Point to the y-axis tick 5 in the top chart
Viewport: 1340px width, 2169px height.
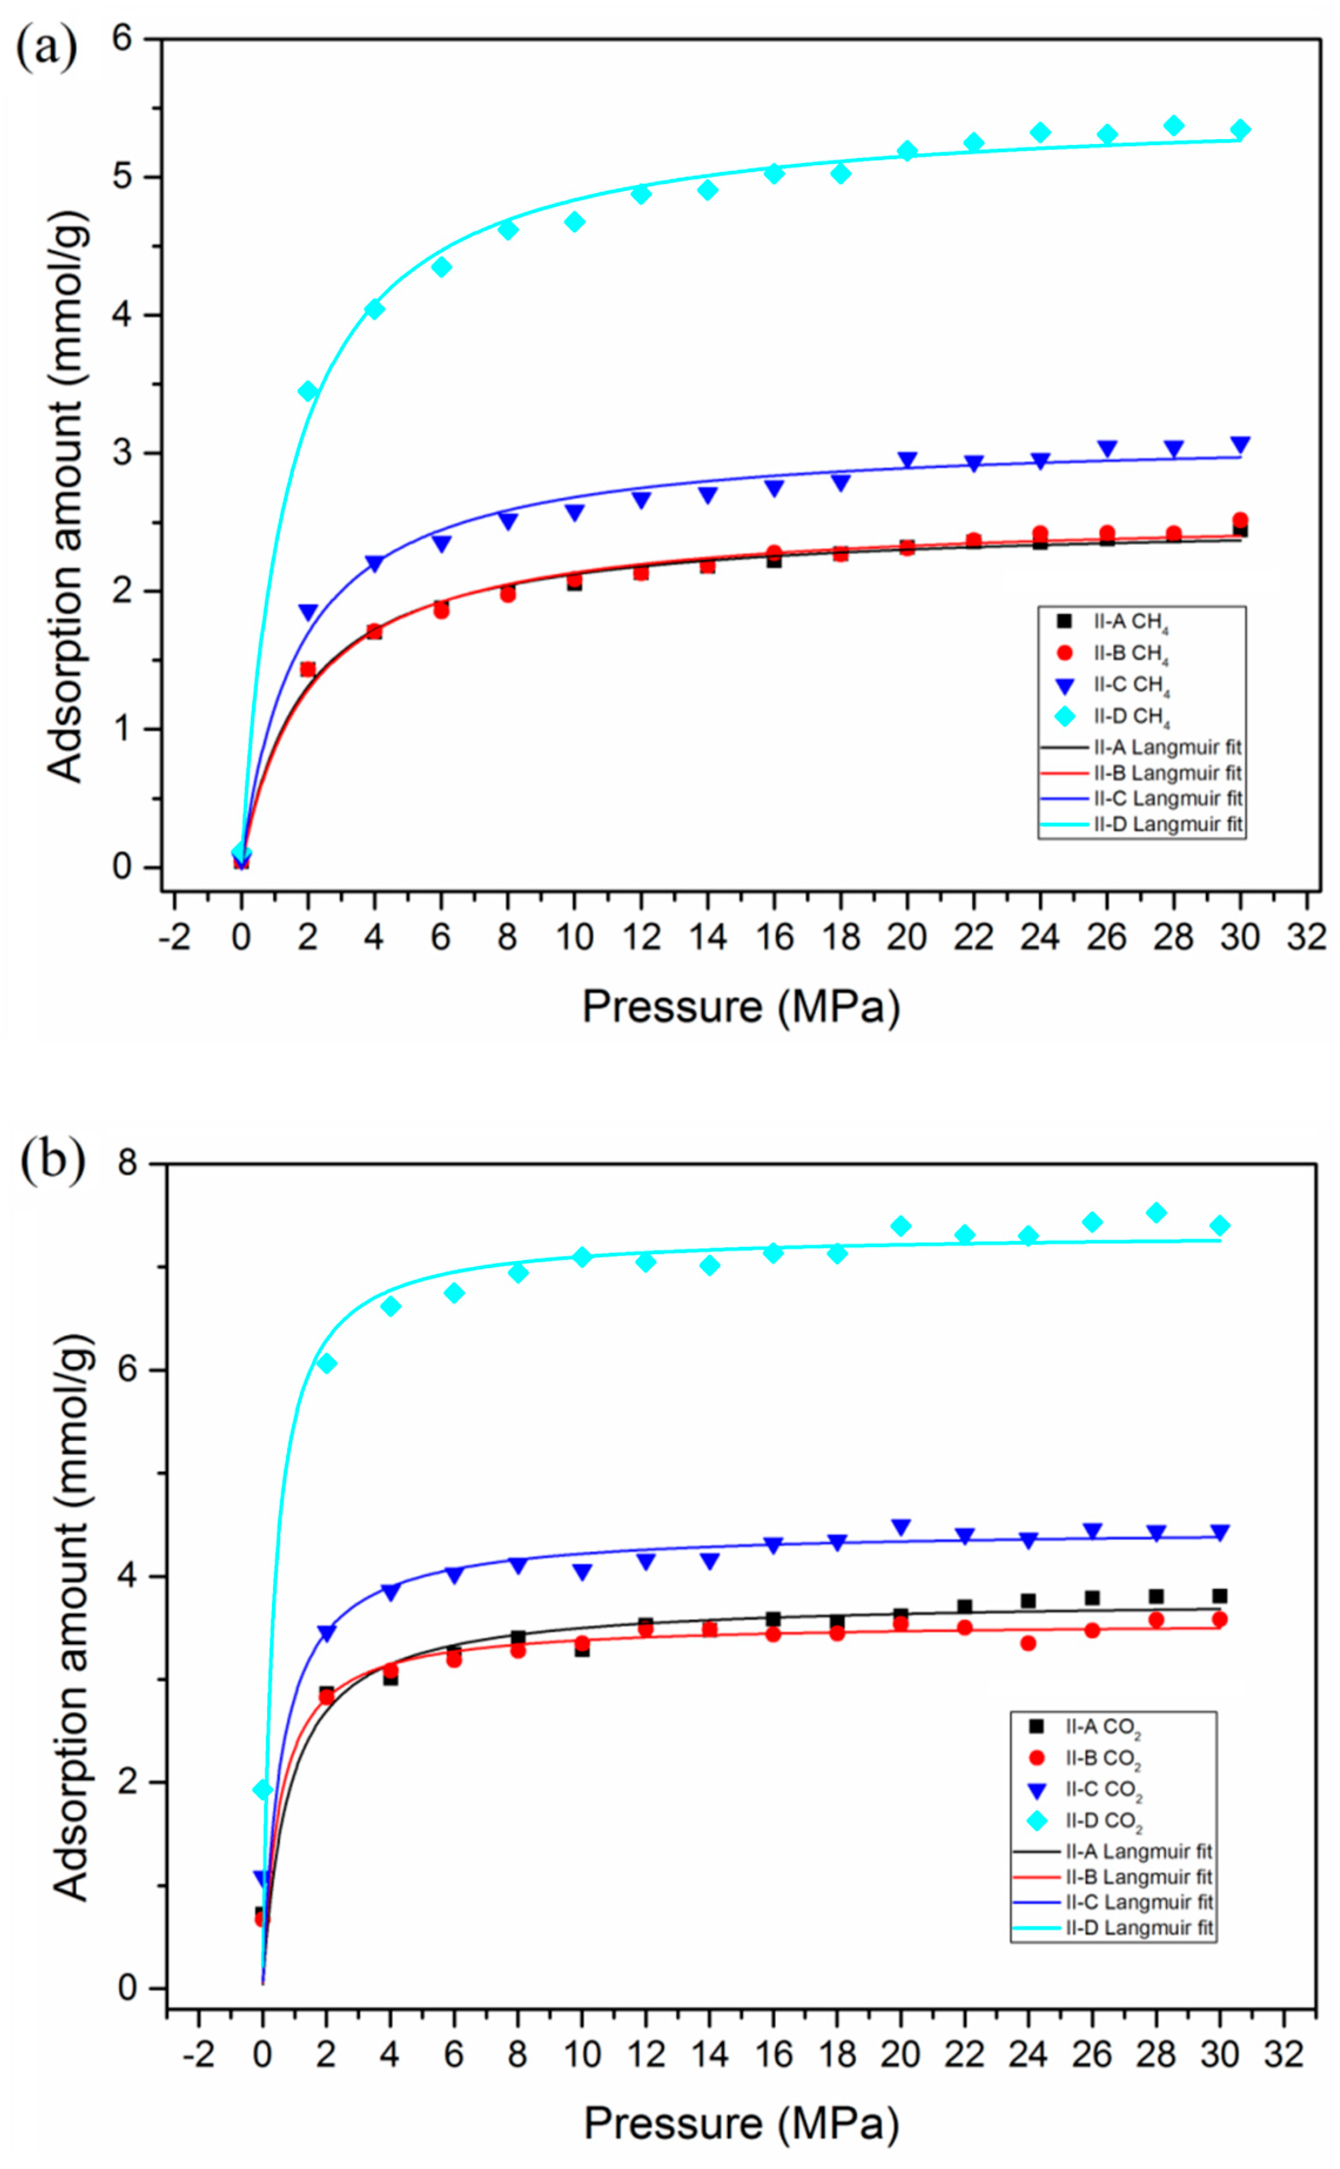point(122,176)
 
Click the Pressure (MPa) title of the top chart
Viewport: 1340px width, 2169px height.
point(741,1007)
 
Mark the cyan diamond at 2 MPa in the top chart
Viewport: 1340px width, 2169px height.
point(307,391)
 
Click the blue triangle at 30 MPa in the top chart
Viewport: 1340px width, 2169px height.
point(1240,444)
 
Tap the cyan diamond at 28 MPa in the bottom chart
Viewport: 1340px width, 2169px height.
point(1156,1212)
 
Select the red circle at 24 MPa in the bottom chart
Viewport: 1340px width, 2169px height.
point(1028,1643)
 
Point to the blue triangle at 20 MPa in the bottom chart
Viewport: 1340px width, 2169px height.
point(901,1526)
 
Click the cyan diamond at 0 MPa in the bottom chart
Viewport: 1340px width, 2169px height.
point(263,1790)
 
